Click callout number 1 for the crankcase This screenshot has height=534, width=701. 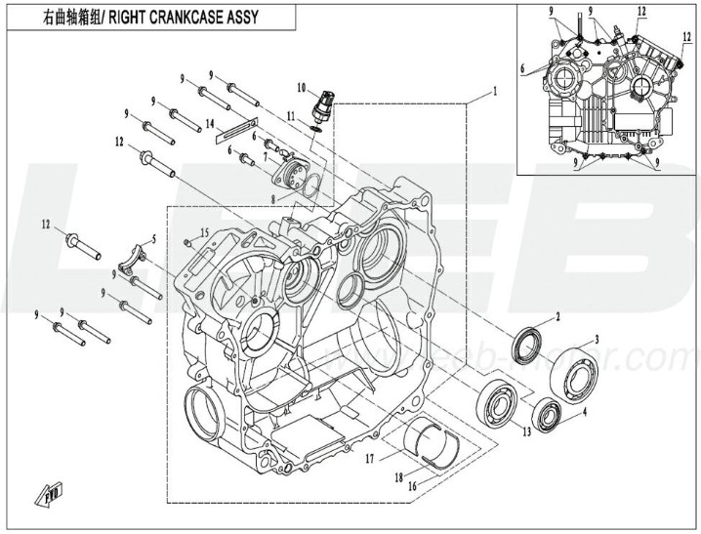pyautogui.click(x=495, y=91)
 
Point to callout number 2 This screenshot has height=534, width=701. pyautogui.click(x=557, y=317)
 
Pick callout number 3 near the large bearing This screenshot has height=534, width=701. pyautogui.click(x=597, y=339)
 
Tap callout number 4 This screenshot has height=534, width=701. pyautogui.click(x=585, y=412)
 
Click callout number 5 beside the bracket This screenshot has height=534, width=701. pyautogui.click(x=153, y=239)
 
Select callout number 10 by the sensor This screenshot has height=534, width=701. pyautogui.click(x=302, y=88)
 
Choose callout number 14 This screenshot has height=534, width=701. pyautogui.click(x=210, y=123)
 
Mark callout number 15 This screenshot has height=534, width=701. pyautogui.click(x=205, y=231)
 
